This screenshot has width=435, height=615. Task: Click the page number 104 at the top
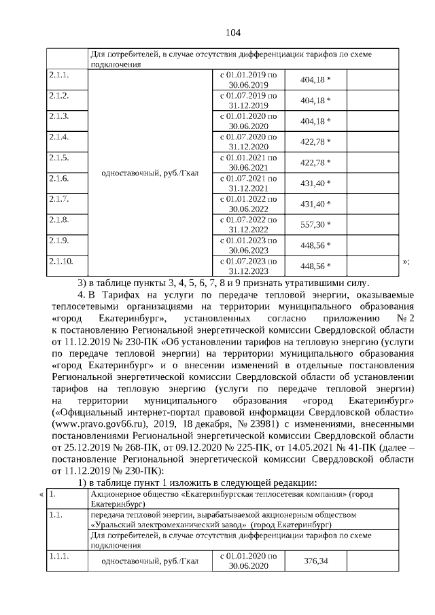click(233, 33)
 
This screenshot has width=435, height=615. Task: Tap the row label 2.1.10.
click(60, 261)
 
